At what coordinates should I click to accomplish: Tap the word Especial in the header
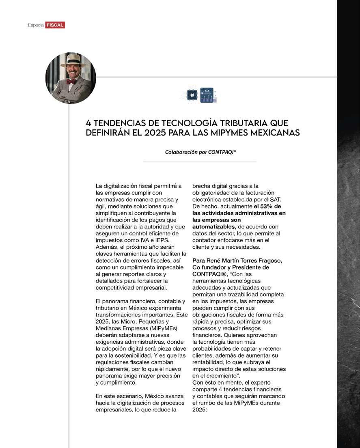pos(36,25)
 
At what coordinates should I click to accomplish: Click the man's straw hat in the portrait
pos(71,60)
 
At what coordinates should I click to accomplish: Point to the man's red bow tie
pos(71,82)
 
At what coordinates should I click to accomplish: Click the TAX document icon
pos(207,95)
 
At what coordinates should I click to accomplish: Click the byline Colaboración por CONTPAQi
pos(200,152)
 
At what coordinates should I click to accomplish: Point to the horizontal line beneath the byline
pos(200,162)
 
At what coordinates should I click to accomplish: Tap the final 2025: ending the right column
pos(200,409)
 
